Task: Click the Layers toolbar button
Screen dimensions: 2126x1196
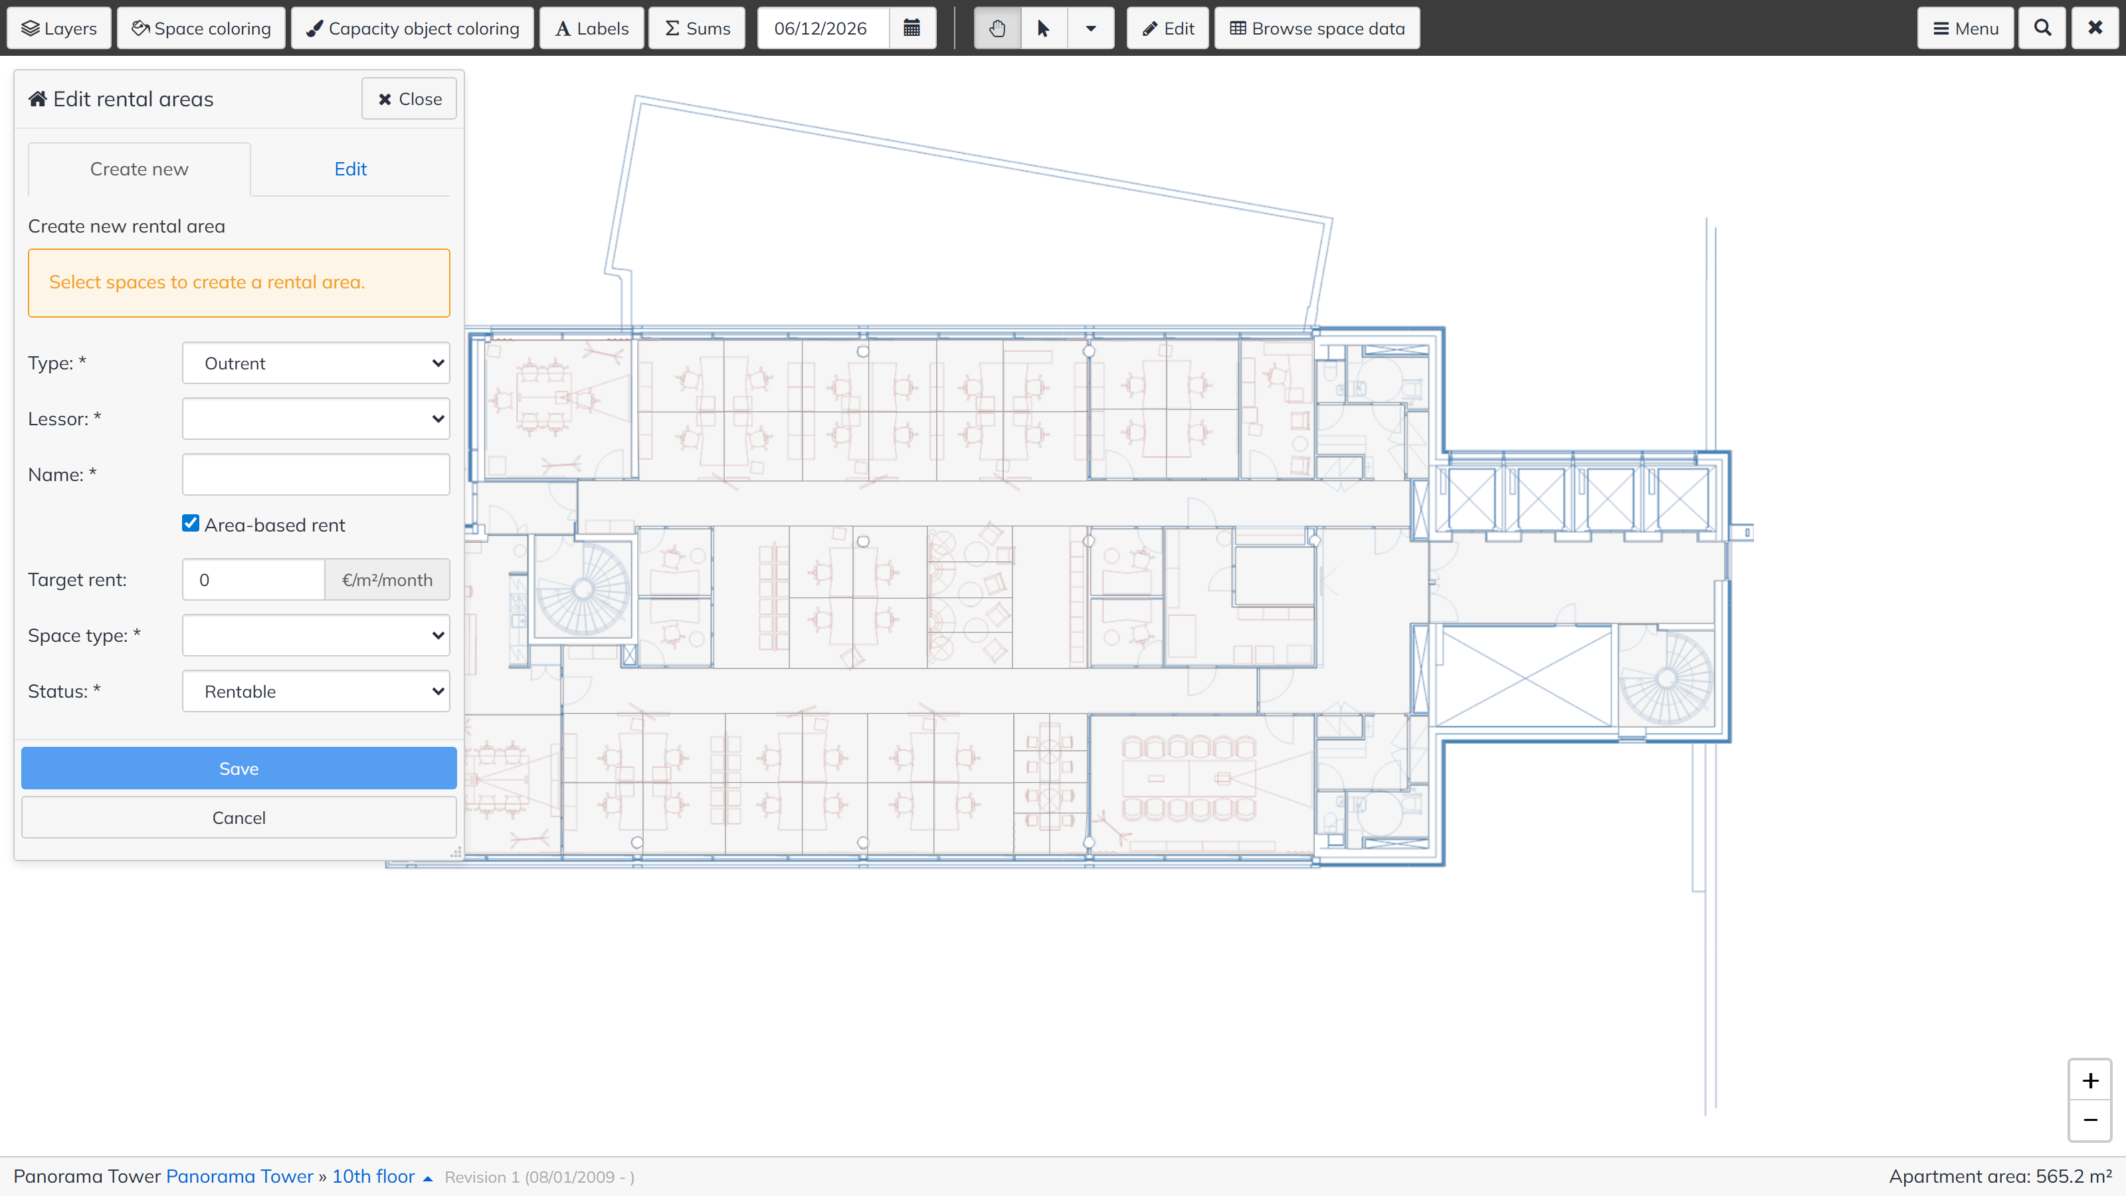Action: click(x=58, y=28)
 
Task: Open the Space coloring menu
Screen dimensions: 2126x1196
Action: click(x=201, y=28)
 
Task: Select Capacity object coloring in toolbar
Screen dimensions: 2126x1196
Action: click(x=413, y=28)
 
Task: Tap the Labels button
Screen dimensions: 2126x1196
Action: click(x=592, y=28)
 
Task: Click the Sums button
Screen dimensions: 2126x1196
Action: click(x=698, y=28)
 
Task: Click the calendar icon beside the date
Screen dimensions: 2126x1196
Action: click(x=912, y=28)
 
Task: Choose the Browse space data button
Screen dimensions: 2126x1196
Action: click(x=1317, y=28)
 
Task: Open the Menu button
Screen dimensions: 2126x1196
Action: click(x=1965, y=28)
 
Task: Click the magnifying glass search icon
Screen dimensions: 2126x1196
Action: click(x=2043, y=28)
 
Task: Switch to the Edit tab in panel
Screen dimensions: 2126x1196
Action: click(x=350, y=169)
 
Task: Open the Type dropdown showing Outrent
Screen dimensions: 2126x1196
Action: click(x=316, y=363)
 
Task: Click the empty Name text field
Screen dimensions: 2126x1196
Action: click(x=316, y=474)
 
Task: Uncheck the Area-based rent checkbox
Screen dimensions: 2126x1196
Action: click(x=191, y=524)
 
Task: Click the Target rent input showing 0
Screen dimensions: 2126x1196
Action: click(x=253, y=579)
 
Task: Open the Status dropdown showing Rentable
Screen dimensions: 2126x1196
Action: click(x=316, y=691)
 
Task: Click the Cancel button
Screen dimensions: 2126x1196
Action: click(x=239, y=817)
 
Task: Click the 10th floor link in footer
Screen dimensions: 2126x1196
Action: click(x=373, y=1176)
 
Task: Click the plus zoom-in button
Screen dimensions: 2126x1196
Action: click(x=2089, y=1080)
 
